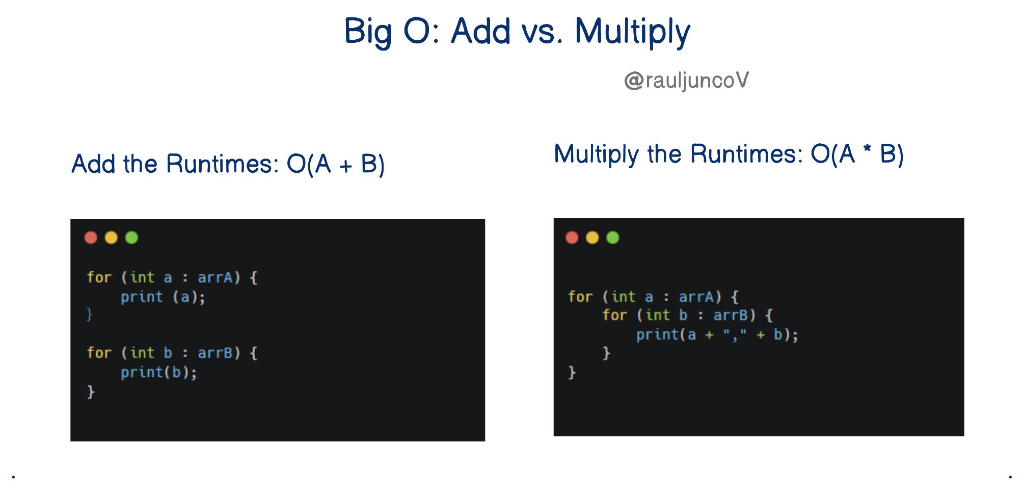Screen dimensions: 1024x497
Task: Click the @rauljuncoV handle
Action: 686,80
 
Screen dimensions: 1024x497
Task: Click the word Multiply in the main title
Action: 632,32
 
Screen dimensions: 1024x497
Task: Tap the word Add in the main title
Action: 480,31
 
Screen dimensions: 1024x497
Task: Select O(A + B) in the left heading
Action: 335,164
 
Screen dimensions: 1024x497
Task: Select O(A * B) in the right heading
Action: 857,154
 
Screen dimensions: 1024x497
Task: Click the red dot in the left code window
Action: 91,238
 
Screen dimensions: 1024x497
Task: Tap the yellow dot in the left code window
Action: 111,238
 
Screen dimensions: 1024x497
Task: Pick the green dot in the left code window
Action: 131,238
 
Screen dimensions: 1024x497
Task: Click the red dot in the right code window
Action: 572,238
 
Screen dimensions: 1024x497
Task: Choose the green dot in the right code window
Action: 612,238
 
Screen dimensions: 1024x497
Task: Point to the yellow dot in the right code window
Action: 592,238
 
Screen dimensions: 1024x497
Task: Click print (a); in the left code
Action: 163,297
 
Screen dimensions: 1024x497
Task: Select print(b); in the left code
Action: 158,373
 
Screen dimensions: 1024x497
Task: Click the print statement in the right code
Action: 717,335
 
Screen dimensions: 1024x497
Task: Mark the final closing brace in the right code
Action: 572,373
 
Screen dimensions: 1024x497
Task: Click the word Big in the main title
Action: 368,32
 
